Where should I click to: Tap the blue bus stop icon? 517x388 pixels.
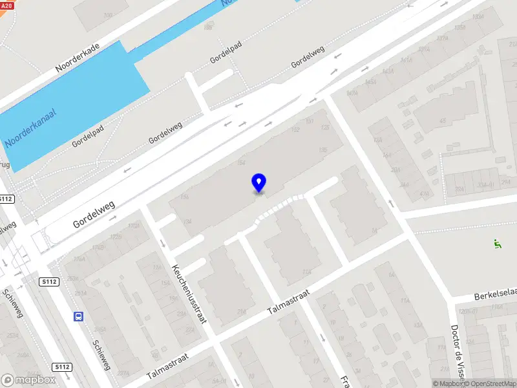[x=78, y=316]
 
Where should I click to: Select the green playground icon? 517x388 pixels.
[x=496, y=244]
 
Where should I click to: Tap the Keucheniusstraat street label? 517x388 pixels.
[x=189, y=294]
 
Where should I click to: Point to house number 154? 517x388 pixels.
[x=242, y=163]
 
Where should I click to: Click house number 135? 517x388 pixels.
[x=322, y=150]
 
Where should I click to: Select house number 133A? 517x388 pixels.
[x=460, y=27]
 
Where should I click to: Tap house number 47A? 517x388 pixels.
[x=424, y=193]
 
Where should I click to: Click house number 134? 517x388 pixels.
[x=188, y=222]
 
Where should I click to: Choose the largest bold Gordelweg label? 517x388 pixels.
[x=94, y=214]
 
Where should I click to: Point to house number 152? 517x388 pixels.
[x=296, y=129]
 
